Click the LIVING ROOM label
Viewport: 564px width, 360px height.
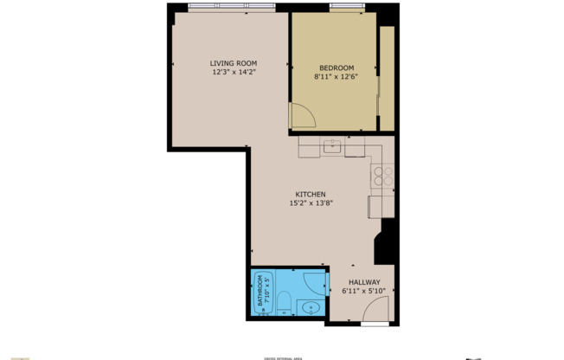click(234, 63)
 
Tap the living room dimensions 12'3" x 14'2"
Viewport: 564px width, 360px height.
click(234, 73)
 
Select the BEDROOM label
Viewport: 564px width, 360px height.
click(336, 68)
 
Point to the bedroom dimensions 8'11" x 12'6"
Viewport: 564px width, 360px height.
click(336, 77)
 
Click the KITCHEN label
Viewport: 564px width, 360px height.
click(311, 194)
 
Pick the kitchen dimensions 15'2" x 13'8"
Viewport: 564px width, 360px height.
click(311, 203)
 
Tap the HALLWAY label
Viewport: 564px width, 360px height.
click(364, 282)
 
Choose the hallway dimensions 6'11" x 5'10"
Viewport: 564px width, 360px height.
click(364, 292)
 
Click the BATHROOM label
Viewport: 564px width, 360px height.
click(259, 295)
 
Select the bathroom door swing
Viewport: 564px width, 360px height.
click(316, 283)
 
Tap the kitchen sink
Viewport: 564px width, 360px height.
click(332, 147)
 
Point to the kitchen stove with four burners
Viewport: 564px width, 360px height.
click(382, 177)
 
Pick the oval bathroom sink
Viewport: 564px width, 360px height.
click(311, 308)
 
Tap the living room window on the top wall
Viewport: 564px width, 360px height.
click(230, 10)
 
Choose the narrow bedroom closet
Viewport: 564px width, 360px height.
click(387, 78)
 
